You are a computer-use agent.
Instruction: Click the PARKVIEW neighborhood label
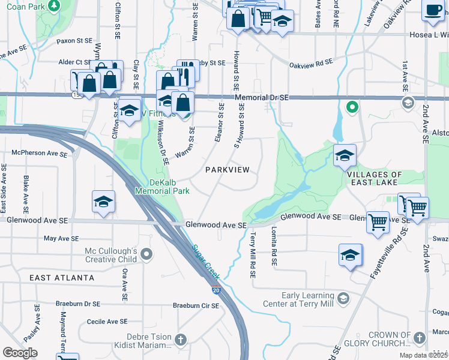pyautogui.click(x=227, y=170)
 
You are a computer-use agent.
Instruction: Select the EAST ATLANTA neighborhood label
pyautogui.click(x=62, y=278)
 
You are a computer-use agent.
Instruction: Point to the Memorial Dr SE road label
pyautogui.click(x=262, y=97)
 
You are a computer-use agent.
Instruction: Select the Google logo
pyautogui.click(x=20, y=352)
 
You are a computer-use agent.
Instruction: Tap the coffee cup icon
pyautogui.click(x=432, y=10)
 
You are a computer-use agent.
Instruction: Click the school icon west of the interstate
pyautogui.click(x=104, y=202)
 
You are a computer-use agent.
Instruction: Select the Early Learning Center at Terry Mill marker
pyautogui.click(x=343, y=298)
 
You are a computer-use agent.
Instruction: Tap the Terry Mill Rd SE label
pyautogui.click(x=253, y=255)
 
